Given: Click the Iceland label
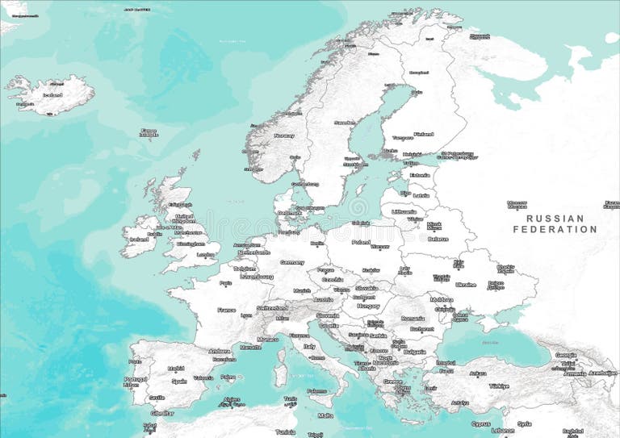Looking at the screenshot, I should (52, 94).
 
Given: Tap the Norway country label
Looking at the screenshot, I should (284, 136).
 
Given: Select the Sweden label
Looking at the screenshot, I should (345, 123).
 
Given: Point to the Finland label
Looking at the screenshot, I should (423, 134).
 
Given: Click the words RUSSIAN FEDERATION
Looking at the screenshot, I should (555, 223).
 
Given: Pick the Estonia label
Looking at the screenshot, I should (420, 175).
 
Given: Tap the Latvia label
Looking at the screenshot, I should (421, 195).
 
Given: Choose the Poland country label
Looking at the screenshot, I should (361, 242).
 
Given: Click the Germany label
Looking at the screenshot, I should (292, 262).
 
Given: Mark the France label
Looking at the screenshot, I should (227, 310).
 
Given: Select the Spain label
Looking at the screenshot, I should (179, 381).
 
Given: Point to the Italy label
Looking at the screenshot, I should (309, 346).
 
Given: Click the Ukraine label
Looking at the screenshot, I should (466, 284).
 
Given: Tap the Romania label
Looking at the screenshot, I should (413, 319).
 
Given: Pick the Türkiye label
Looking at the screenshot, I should (499, 386).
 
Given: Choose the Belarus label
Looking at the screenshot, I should (438, 239).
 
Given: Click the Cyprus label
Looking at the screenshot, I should (480, 423).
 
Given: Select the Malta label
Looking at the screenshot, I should (325, 415).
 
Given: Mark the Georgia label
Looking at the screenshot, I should (566, 355).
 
